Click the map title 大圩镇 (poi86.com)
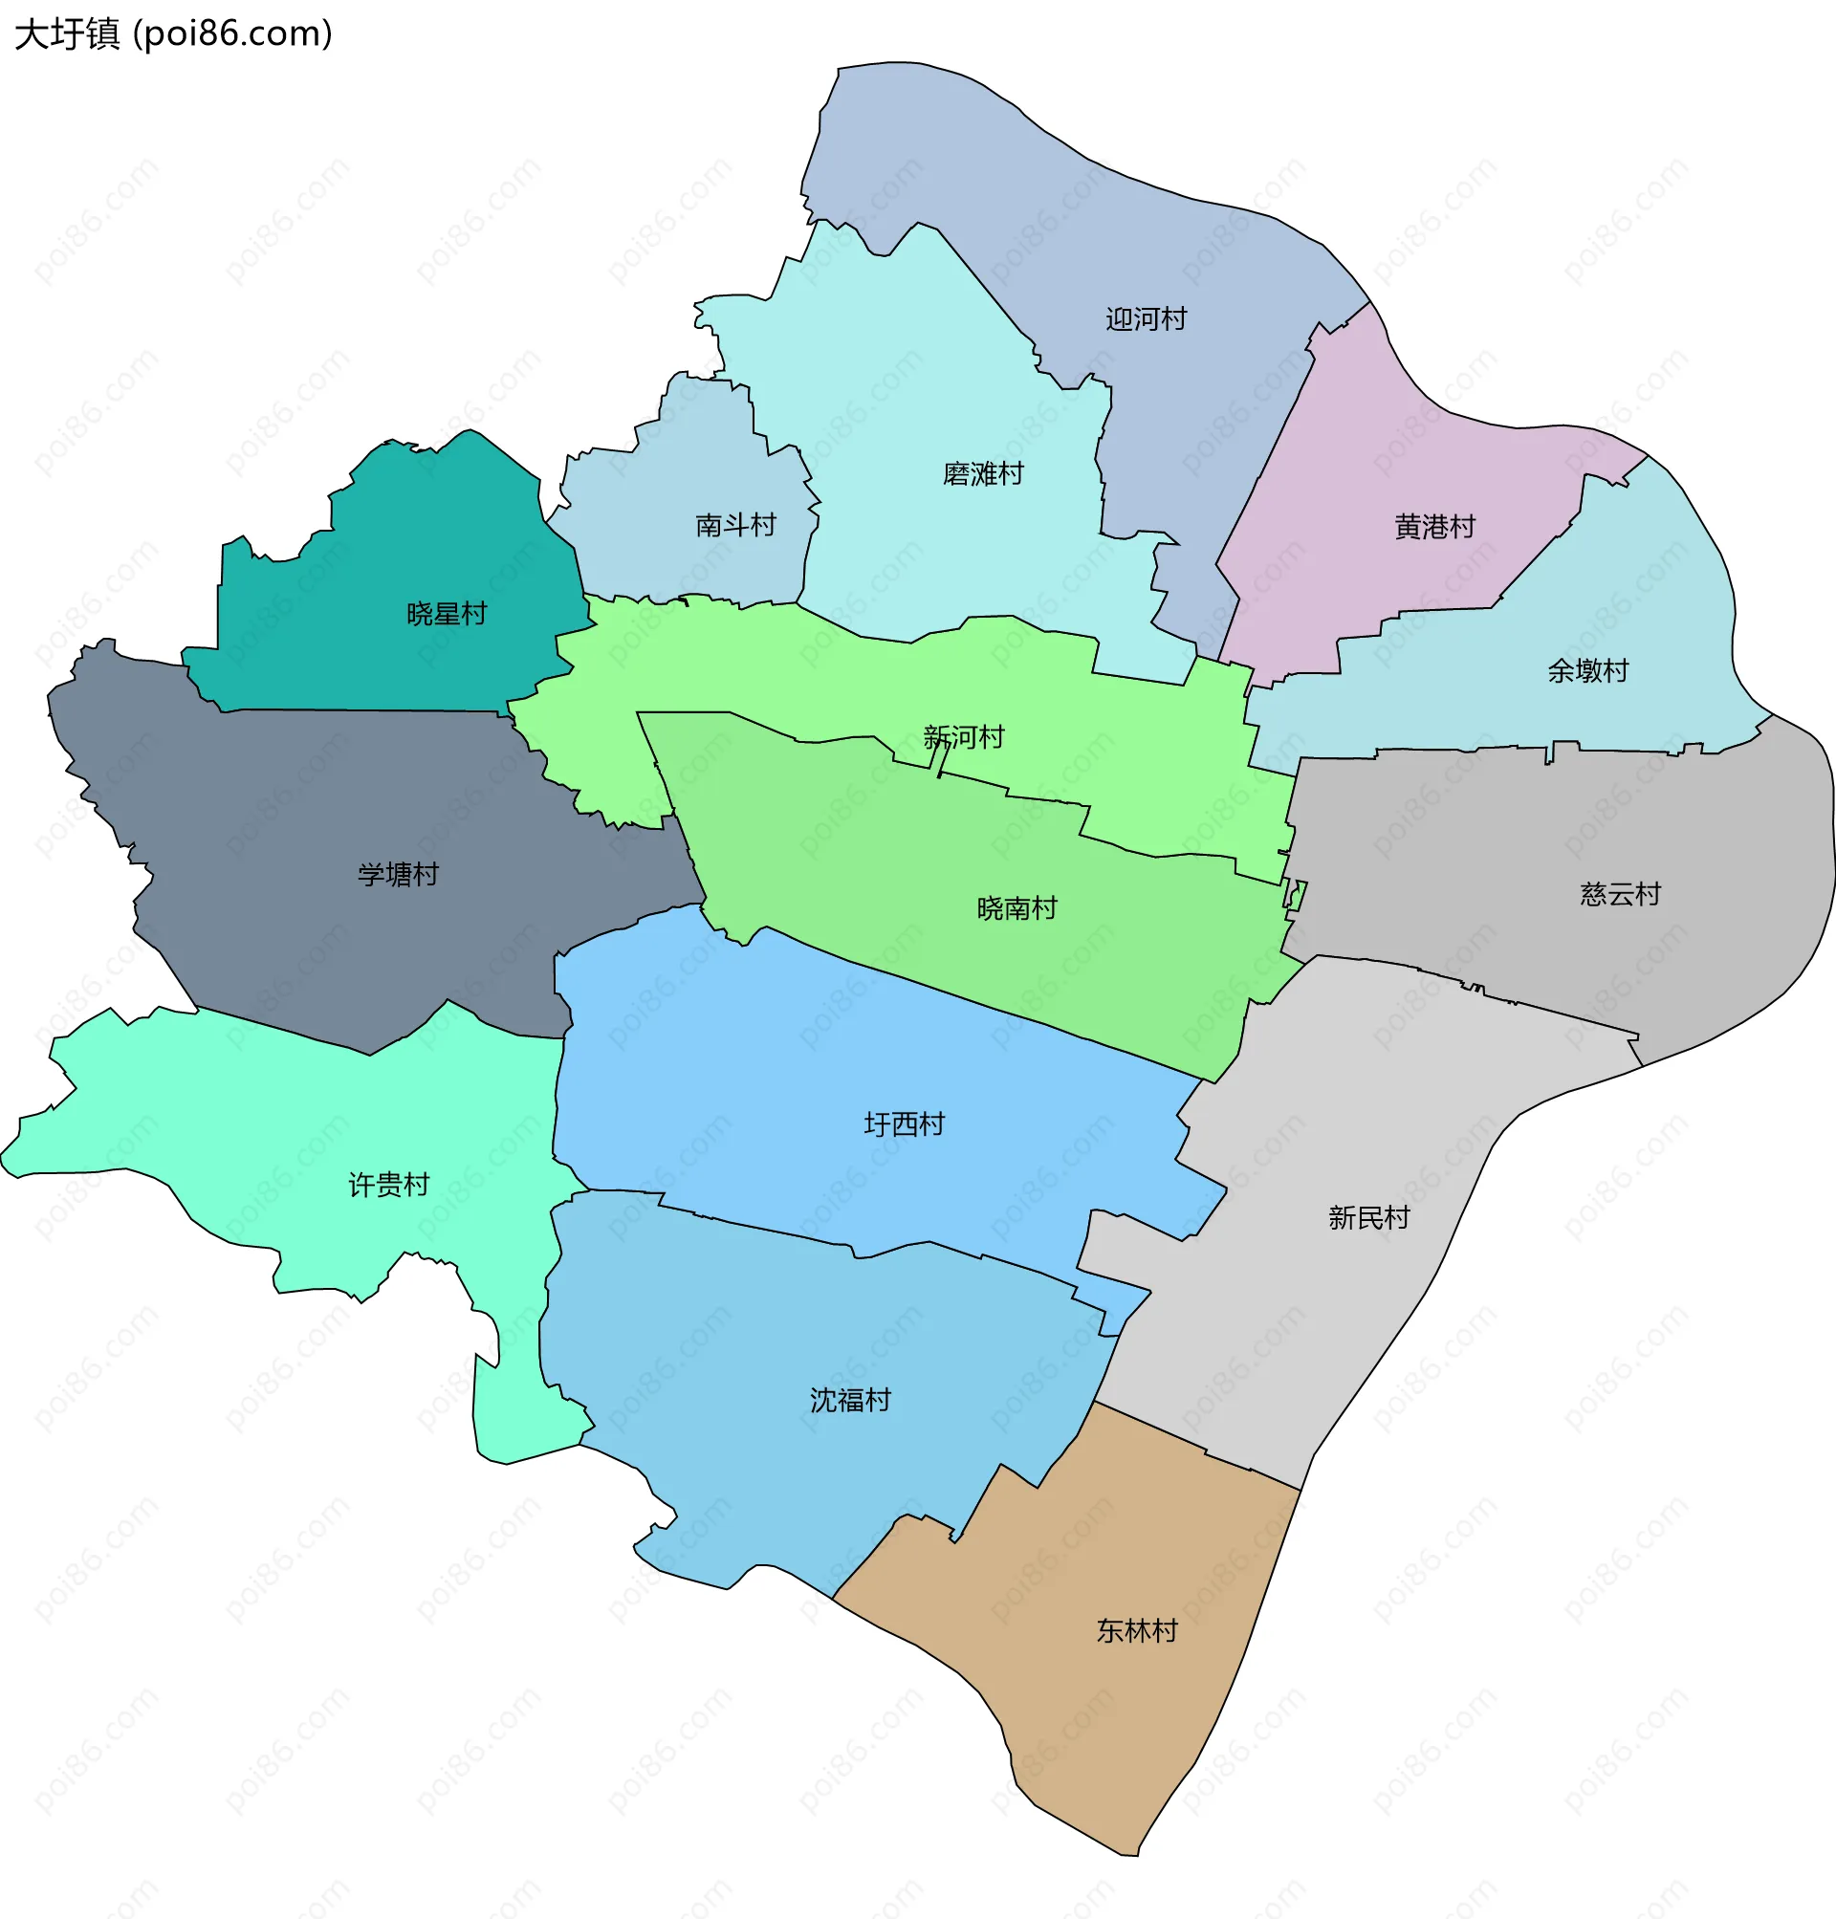pyautogui.click(x=173, y=34)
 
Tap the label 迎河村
pyautogui.click(x=1146, y=319)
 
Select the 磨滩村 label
pyautogui.click(x=983, y=474)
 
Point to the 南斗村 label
pyautogui.click(x=735, y=526)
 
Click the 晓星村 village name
pyautogui.click(x=447, y=614)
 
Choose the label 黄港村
pyautogui.click(x=1434, y=528)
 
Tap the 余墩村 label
pyautogui.click(x=1587, y=670)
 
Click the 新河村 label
pyautogui.click(x=964, y=737)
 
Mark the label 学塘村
pyautogui.click(x=398, y=874)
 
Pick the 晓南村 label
pyautogui.click(x=1016, y=908)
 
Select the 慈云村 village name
pyautogui.click(x=1620, y=893)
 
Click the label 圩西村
pyautogui.click(x=904, y=1124)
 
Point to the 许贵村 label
pyautogui.click(x=388, y=1185)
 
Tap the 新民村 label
pyautogui.click(x=1368, y=1217)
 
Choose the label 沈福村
pyautogui.click(x=849, y=1401)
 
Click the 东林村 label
pyautogui.click(x=1136, y=1631)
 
